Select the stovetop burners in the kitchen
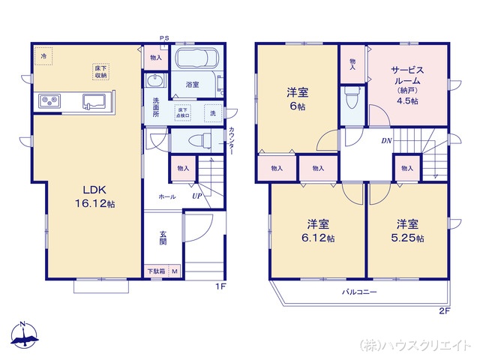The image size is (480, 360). pos(48,101)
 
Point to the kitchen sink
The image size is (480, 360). pos(95,101)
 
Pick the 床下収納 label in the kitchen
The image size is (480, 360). pos(100,71)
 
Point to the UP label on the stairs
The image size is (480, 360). pos(196,196)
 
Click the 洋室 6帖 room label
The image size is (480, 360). pos(297,99)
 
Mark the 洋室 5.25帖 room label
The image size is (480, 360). pos(406,230)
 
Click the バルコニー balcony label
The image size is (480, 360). pos(360,291)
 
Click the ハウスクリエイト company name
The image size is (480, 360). pos(417,344)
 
